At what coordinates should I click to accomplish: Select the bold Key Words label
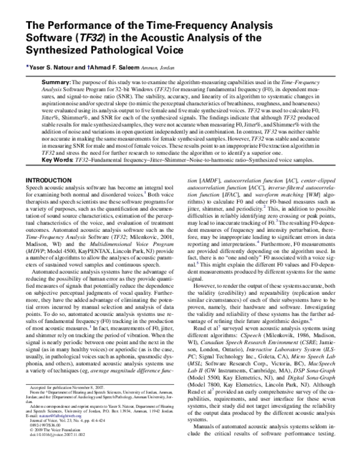59,159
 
